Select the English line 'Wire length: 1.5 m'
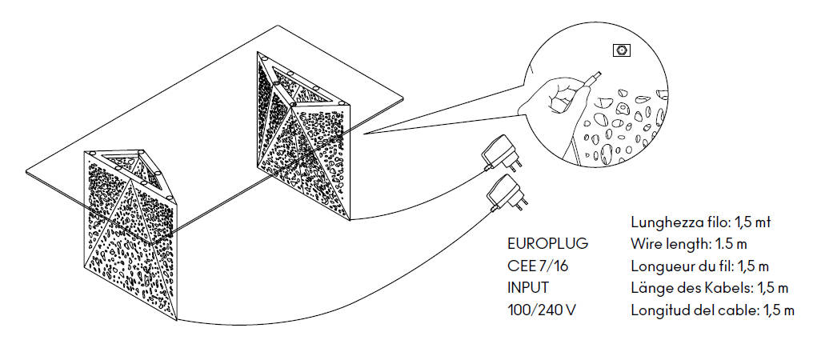click(689, 243)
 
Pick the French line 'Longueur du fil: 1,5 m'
click(700, 266)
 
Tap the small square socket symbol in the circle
click(621, 50)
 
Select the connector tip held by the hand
click(594, 78)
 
